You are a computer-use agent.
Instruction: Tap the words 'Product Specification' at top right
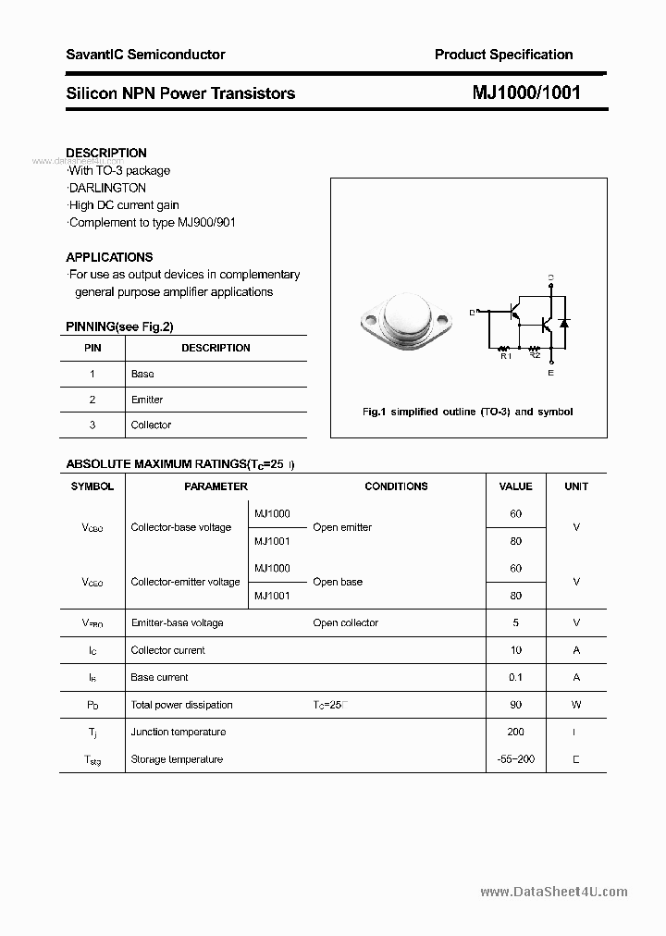pyautogui.click(x=503, y=55)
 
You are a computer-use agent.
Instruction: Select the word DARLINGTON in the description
pyautogui.click(x=107, y=188)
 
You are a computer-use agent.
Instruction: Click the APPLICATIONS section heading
pyautogui.click(x=109, y=257)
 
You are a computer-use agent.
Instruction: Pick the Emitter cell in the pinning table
pyautogui.click(x=147, y=400)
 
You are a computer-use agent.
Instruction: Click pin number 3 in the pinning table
pyautogui.click(x=92, y=425)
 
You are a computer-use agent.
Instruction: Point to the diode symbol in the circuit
pyautogui.click(x=564, y=323)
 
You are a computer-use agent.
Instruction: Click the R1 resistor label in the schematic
pyautogui.click(x=505, y=355)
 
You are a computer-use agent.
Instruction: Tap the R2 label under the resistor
pyautogui.click(x=535, y=355)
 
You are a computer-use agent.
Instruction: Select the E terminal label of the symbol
pyautogui.click(x=551, y=373)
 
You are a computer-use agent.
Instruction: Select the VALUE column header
pyautogui.click(x=515, y=486)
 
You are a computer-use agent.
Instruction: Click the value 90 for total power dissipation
pyautogui.click(x=515, y=705)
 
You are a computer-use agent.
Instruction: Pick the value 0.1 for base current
pyautogui.click(x=515, y=677)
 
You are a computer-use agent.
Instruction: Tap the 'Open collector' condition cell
pyautogui.click(x=346, y=622)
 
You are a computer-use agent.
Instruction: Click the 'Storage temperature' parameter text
pyautogui.click(x=177, y=759)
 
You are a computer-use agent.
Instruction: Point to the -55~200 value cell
pyautogui.click(x=515, y=759)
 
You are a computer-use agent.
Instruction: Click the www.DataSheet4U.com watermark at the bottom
pyautogui.click(x=554, y=892)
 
